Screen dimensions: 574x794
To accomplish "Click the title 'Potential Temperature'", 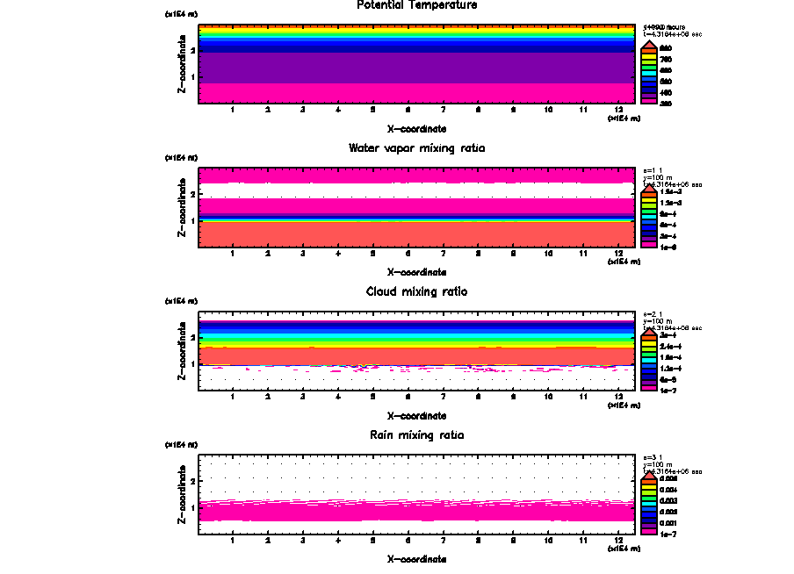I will (x=416, y=5).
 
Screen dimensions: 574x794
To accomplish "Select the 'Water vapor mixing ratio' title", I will (x=416, y=148).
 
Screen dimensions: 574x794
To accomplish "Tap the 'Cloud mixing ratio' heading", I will (x=416, y=291).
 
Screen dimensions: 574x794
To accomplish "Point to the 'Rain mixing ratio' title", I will (x=416, y=435).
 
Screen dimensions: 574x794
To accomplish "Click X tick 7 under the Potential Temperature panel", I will (x=443, y=110).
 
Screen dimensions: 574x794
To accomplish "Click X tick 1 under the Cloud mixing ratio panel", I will (x=233, y=397).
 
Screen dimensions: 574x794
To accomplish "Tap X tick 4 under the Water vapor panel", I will (x=338, y=254).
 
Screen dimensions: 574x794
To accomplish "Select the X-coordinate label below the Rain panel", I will (x=416, y=559).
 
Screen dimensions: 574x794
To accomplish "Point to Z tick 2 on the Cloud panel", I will (x=191, y=337).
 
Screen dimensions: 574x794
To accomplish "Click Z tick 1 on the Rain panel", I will (x=191, y=507).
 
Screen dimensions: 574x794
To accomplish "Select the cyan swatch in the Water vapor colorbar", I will (x=647, y=214).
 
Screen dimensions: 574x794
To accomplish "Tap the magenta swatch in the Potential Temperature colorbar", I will (x=647, y=102).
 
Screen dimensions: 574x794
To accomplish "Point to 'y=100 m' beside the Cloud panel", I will (x=658, y=321).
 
